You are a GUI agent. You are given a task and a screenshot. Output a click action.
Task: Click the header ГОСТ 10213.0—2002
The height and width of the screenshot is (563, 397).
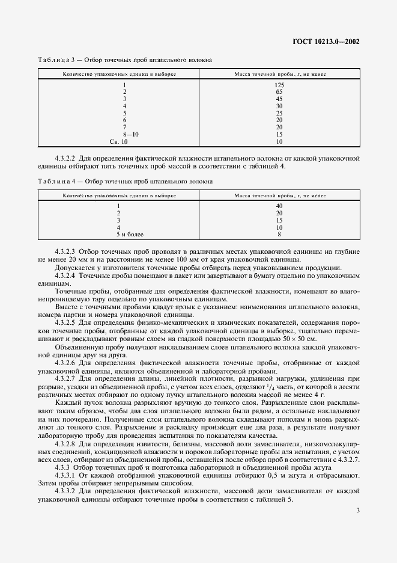pos(330,43)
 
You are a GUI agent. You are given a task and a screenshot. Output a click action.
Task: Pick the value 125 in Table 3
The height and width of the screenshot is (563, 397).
pos(279,85)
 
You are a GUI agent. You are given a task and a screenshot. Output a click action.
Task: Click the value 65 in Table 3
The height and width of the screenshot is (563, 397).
pos(279,92)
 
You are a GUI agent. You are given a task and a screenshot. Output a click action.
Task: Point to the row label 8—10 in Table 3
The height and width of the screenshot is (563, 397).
pos(130,134)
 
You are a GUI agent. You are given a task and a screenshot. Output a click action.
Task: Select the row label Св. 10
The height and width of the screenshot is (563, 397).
pos(119,141)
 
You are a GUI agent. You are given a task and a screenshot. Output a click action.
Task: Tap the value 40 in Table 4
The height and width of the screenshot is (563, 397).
pos(279,206)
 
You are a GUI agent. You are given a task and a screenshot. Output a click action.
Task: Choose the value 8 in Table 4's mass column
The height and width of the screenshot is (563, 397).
pos(279,234)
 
